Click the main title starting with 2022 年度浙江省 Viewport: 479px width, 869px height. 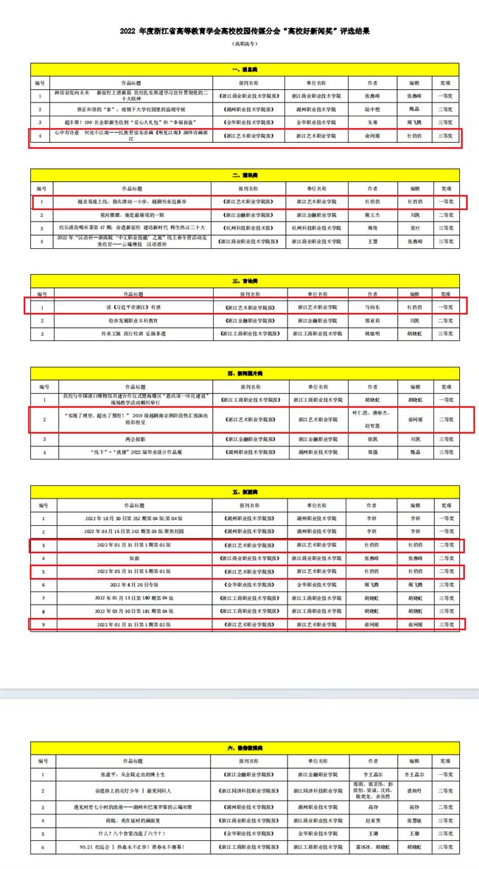(x=239, y=32)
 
